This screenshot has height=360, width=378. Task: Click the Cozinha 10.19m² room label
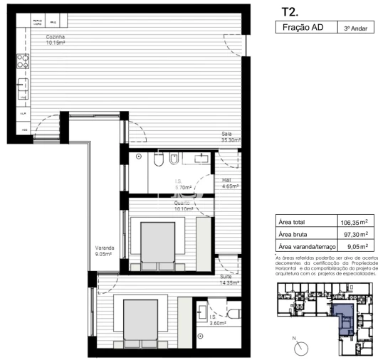pyautogui.click(x=56, y=40)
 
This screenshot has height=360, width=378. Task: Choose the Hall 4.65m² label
pyautogui.click(x=229, y=183)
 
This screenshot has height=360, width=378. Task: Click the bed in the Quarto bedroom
pyautogui.click(x=157, y=243)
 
